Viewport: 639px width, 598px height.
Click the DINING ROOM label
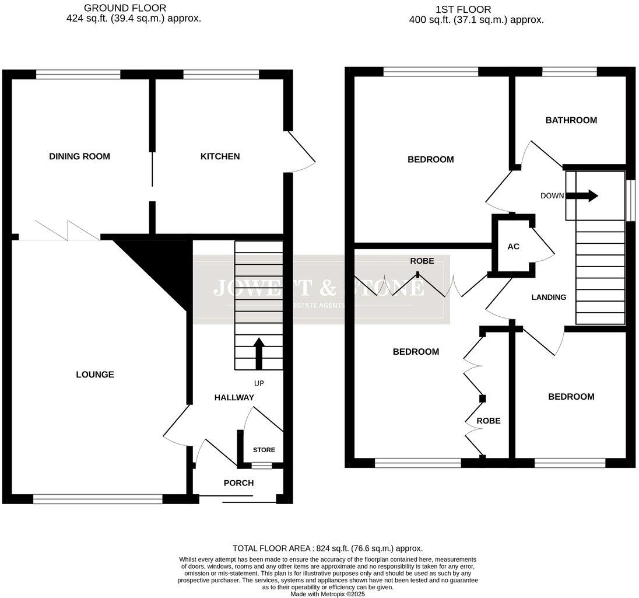pos(79,156)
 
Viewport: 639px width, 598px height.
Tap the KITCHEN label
pos(220,156)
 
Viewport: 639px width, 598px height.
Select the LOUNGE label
pos(95,375)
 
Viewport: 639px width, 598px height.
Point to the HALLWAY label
pos(234,397)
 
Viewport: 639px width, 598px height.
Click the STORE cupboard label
pos(264,450)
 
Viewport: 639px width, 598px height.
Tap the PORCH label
pos(238,483)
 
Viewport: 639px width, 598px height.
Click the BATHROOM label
pos(571,120)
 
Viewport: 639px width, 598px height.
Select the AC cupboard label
pos(513,247)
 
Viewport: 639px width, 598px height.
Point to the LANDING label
pos(549,297)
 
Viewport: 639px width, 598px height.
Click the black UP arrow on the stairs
pos(259,352)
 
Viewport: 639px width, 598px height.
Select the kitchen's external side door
pos(300,152)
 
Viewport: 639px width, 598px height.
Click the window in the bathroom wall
pos(569,72)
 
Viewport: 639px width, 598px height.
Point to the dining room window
pos(78,74)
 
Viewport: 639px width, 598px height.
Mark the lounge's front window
pos(97,499)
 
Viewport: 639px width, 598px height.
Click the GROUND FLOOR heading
pos(125,8)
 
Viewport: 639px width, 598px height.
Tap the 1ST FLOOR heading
pos(463,9)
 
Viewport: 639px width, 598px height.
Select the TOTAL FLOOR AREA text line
pos(327,548)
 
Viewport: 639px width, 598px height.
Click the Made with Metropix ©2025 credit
pos(327,594)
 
